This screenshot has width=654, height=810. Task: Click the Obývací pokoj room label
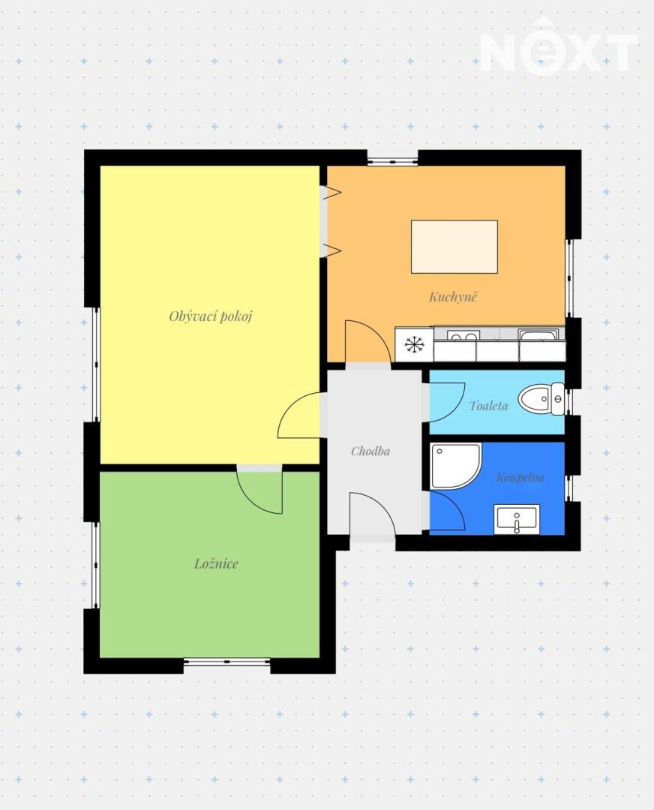click(x=210, y=316)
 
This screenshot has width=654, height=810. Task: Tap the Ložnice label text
click(x=216, y=563)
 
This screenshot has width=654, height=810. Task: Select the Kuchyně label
click(x=453, y=296)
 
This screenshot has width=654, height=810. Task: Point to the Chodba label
click(x=370, y=451)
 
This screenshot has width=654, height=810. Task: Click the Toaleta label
click(x=489, y=406)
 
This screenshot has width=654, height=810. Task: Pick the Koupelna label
click(x=520, y=477)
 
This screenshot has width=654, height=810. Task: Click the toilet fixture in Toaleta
click(x=541, y=399)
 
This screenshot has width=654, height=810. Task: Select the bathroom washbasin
click(x=517, y=519)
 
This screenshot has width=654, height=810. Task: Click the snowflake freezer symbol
click(x=414, y=344)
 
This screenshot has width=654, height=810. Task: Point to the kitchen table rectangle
click(x=454, y=247)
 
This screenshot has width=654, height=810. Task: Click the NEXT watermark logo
click(x=559, y=47)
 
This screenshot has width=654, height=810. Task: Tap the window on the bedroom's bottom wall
click(x=227, y=661)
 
